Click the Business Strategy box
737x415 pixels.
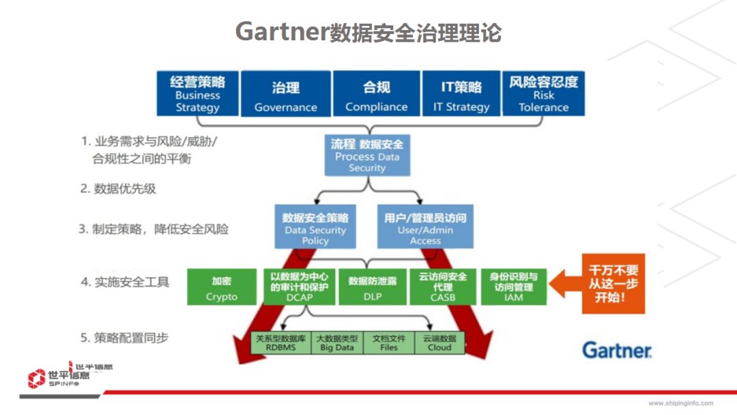click(x=197, y=94)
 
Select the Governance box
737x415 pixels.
click(x=286, y=94)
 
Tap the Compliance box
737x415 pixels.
click(x=376, y=94)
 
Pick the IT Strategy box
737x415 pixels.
click(x=461, y=94)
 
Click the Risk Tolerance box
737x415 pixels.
click(x=543, y=94)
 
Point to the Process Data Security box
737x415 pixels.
click(x=367, y=155)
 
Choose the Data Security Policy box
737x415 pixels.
click(x=315, y=228)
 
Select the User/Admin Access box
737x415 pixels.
click(x=425, y=228)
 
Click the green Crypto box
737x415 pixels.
click(x=222, y=287)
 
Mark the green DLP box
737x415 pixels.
click(x=373, y=287)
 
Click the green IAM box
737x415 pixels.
click(x=514, y=287)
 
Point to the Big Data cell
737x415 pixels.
click(x=337, y=343)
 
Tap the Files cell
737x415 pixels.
click(x=389, y=343)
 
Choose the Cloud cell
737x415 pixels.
click(x=439, y=343)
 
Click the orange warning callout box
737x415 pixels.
click(x=612, y=283)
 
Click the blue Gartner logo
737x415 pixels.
click(x=617, y=350)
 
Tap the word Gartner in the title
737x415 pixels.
click(x=282, y=32)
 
